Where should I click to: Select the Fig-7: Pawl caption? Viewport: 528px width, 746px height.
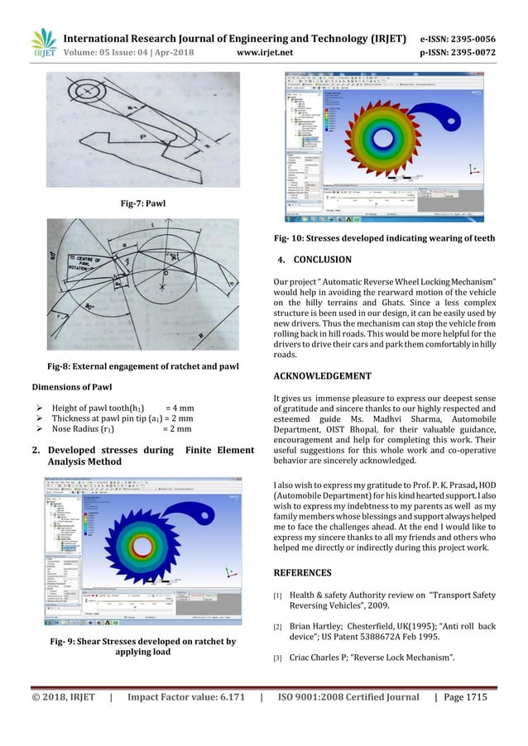pos(142,201)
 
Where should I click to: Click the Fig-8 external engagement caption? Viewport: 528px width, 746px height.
pos(143,366)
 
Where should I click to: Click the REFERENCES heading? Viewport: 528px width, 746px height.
pos(302,572)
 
